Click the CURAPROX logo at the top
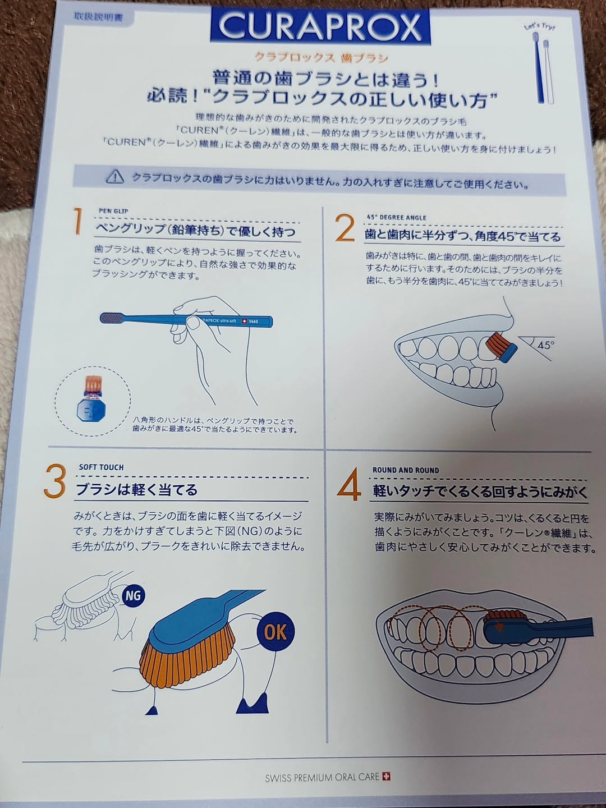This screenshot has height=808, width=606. [320, 26]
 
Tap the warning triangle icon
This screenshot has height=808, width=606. [115, 177]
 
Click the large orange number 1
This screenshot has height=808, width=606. [77, 221]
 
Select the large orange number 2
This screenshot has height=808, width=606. [345, 228]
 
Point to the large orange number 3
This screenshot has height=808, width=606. [55, 481]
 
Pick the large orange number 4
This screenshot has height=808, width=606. [348, 484]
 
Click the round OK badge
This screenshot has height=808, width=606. [275, 632]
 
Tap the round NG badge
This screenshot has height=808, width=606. [132, 595]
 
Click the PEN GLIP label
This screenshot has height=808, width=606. [113, 211]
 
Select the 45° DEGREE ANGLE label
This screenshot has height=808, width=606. [396, 218]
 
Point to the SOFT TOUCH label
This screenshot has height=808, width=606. [101, 467]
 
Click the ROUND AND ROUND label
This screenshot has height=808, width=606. [406, 470]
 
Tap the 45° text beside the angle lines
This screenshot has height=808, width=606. [545, 345]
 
